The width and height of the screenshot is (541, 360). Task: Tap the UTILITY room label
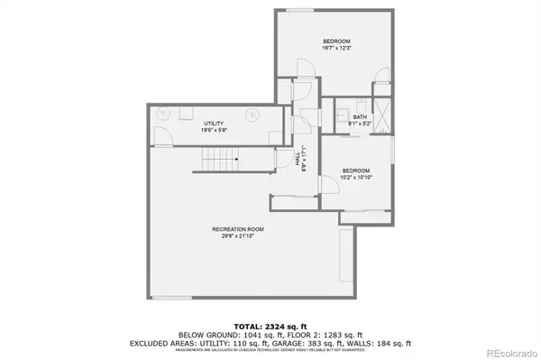tap(214, 123)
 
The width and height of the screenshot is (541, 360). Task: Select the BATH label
tap(360, 116)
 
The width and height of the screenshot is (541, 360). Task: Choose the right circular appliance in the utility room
tap(253, 115)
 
